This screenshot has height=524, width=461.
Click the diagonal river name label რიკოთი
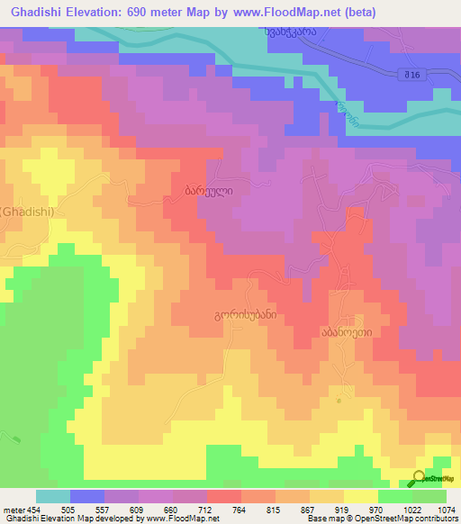pyautogui.click(x=343, y=114)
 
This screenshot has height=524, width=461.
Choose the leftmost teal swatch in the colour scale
pyautogui.click(x=52, y=496)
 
